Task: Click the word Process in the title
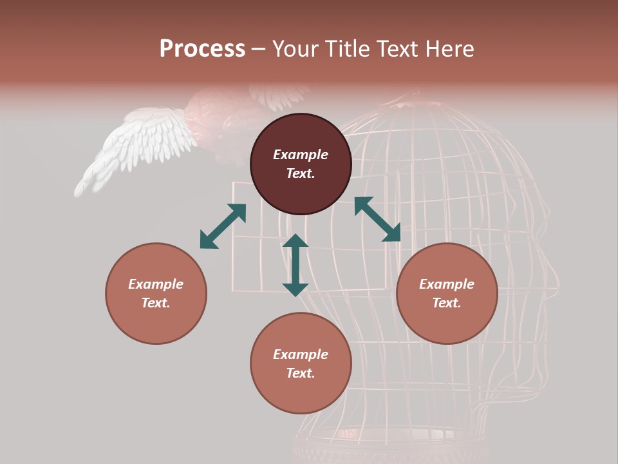point(202,49)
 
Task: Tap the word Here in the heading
point(450,49)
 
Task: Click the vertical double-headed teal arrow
point(295,265)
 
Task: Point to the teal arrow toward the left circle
point(223,226)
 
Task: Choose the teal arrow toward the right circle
point(377,219)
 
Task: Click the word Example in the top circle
point(301,155)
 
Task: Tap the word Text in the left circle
point(156,303)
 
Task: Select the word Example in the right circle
point(447,284)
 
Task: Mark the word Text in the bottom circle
point(301,373)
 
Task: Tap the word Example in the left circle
point(156,284)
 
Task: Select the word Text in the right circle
point(447,303)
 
